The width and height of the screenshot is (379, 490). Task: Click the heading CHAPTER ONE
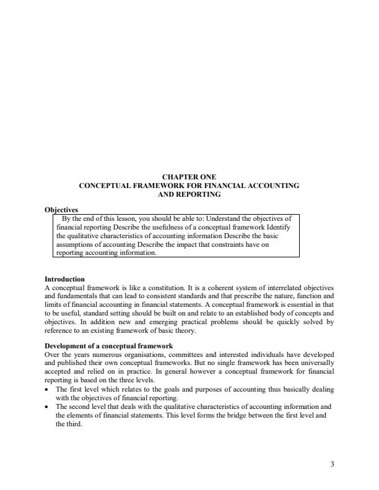(189, 177)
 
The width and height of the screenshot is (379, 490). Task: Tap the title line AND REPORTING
(189, 194)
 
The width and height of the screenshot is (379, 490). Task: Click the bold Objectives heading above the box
(62, 209)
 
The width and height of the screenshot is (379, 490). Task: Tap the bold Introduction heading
(65, 279)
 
